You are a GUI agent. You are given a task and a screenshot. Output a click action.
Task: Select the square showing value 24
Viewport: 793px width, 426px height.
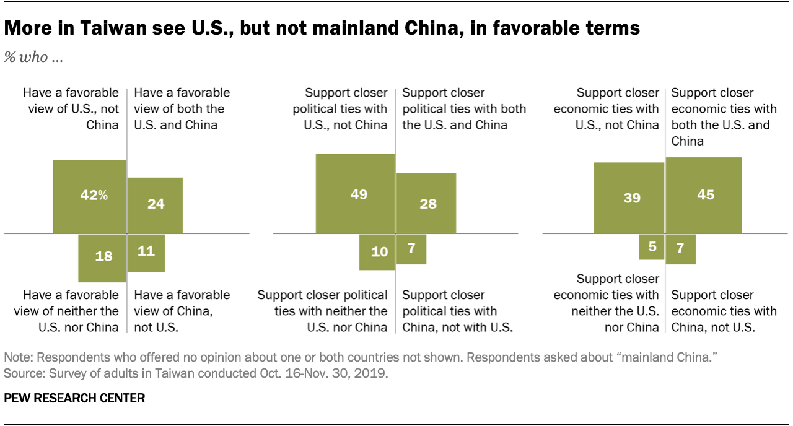155,205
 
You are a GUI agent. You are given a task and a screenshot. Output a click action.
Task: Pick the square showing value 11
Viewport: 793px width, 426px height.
146,252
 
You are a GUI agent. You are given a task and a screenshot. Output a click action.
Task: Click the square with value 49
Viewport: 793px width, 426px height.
356,194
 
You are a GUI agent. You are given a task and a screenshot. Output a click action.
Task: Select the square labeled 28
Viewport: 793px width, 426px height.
426,203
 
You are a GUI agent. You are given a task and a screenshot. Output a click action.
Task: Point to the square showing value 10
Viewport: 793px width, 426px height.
377,251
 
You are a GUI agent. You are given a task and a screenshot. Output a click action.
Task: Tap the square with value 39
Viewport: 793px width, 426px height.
629,198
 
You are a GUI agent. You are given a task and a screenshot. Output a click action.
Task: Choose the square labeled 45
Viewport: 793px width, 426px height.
704,195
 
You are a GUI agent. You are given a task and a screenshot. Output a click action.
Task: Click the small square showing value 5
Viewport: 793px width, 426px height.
651,246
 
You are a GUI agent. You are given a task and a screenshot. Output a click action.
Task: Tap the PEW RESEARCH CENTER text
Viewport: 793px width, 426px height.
74,399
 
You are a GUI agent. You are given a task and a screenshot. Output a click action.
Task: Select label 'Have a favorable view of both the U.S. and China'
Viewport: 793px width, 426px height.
182,108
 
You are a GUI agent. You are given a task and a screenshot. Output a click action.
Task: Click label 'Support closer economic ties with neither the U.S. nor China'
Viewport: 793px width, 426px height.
607,303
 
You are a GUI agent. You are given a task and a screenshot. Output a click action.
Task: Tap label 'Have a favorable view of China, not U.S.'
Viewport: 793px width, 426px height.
182,311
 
